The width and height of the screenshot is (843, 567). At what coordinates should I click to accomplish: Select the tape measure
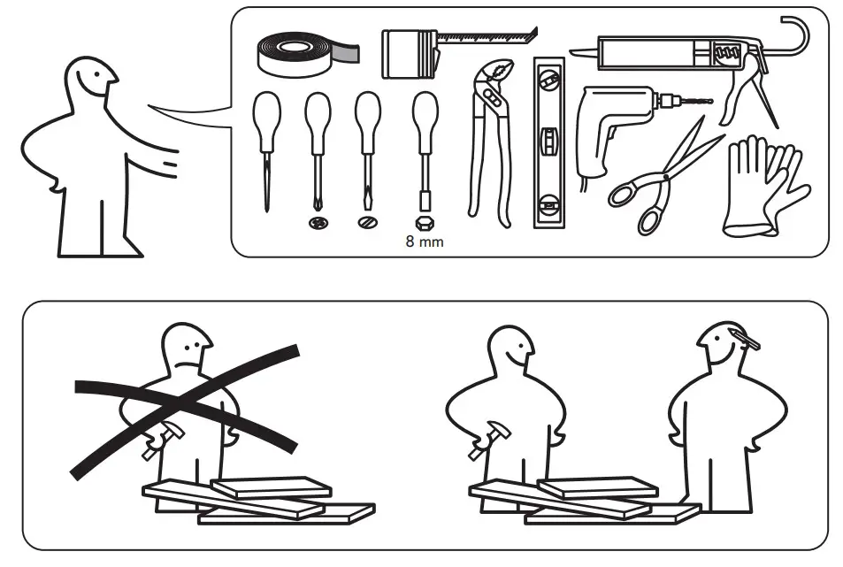pos(412,53)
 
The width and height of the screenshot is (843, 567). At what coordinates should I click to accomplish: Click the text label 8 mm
pos(425,241)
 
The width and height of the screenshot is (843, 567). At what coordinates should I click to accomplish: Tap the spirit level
pos(548,142)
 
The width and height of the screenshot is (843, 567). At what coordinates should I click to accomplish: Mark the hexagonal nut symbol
pos(425,223)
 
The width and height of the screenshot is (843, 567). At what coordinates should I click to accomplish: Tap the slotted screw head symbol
pos(367,223)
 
